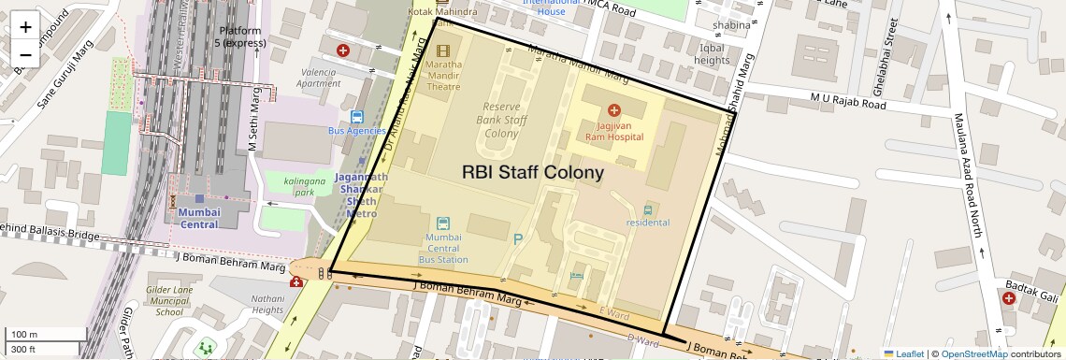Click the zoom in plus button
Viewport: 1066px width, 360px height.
[25, 27]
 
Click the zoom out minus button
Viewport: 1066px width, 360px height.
[25, 54]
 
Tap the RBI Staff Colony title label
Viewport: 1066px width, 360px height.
[532, 173]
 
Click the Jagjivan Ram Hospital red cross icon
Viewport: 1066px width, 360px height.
[614, 110]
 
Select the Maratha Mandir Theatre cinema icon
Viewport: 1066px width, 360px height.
[442, 50]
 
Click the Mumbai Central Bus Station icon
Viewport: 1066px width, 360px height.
[443, 223]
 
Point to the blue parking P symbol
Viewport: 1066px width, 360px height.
[518, 239]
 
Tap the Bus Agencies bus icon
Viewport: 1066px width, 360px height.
[356, 117]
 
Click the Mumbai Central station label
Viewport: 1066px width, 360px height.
[198, 218]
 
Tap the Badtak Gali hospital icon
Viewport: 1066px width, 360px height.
[1009, 298]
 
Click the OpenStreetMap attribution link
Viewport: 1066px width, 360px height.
[973, 353]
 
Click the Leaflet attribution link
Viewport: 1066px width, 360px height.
[903, 353]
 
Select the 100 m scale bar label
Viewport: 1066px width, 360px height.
[25, 335]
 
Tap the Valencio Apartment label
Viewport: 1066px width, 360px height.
[319, 77]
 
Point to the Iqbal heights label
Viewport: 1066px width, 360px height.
[712, 54]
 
